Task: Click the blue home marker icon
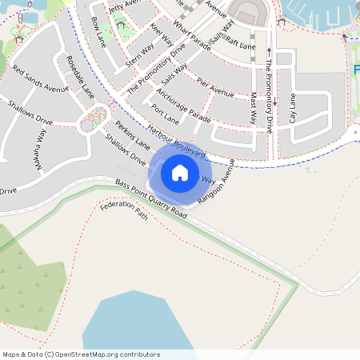click(180, 173)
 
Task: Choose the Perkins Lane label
click(133, 136)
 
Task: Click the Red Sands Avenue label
click(41, 74)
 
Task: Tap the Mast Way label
click(254, 108)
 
